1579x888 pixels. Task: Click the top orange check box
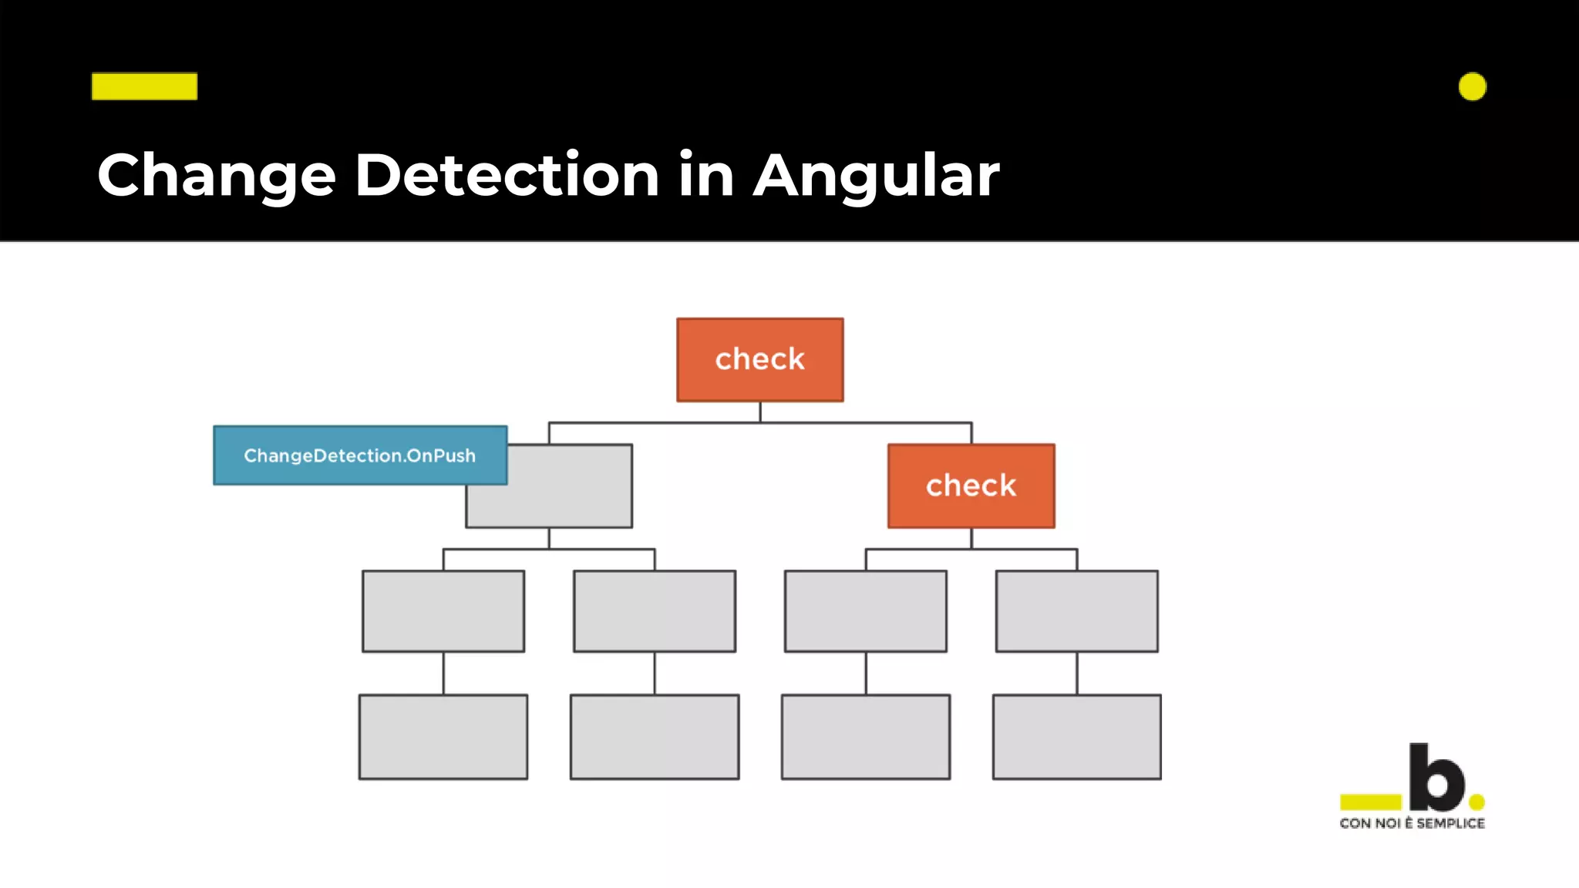pyautogui.click(x=759, y=359)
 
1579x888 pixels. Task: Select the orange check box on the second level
pyautogui.click(x=971, y=486)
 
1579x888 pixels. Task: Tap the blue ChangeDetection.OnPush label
pyautogui.click(x=359, y=455)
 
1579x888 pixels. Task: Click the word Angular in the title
pyautogui.click(x=876, y=176)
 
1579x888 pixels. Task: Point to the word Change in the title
pyautogui.click(x=217, y=176)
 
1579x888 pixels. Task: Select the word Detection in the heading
pyautogui.click(x=507, y=176)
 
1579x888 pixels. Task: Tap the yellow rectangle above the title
pyautogui.click(x=144, y=86)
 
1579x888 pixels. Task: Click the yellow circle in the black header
pyautogui.click(x=1472, y=86)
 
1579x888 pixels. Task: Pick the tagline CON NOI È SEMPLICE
pyautogui.click(x=1412, y=823)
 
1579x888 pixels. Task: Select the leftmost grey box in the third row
pyautogui.click(x=443, y=610)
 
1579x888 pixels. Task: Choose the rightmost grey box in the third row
pyautogui.click(x=1076, y=610)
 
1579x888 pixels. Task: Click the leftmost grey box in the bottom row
pyautogui.click(x=443, y=736)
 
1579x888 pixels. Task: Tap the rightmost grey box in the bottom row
pyautogui.click(x=1076, y=736)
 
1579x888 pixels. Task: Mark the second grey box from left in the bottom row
pyautogui.click(x=655, y=736)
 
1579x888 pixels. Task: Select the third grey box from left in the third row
pyautogui.click(x=865, y=610)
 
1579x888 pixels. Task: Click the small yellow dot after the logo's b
pyautogui.click(x=1476, y=802)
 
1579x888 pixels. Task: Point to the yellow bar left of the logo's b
pyautogui.click(x=1370, y=802)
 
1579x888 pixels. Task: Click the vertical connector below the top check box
pyautogui.click(x=760, y=412)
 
